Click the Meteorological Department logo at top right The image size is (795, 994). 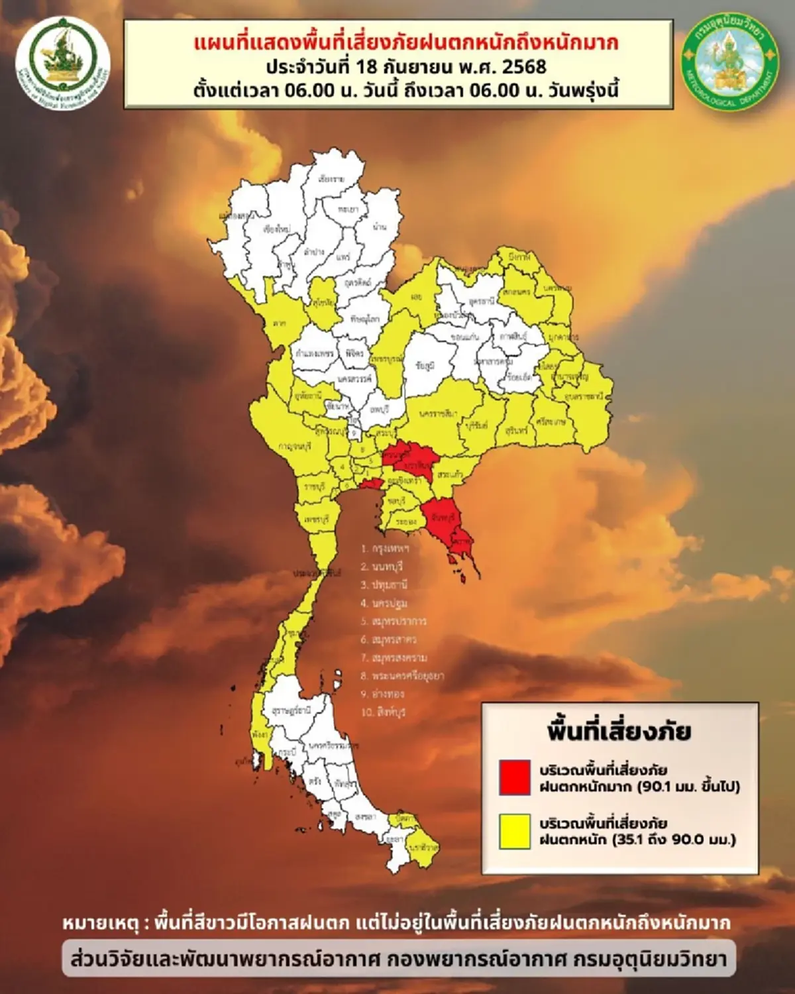coord(731,62)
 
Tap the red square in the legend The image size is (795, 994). coord(515,777)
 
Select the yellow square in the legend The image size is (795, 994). coord(515,830)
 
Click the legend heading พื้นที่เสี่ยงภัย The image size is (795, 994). coord(619,732)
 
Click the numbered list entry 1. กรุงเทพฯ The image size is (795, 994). coord(385,549)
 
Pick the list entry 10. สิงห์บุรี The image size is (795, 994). coord(383,712)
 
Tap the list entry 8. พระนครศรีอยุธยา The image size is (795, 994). coord(402,676)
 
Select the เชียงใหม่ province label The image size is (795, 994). coord(276,229)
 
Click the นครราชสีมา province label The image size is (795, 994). coord(438,414)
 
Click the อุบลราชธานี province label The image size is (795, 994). coord(584,396)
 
